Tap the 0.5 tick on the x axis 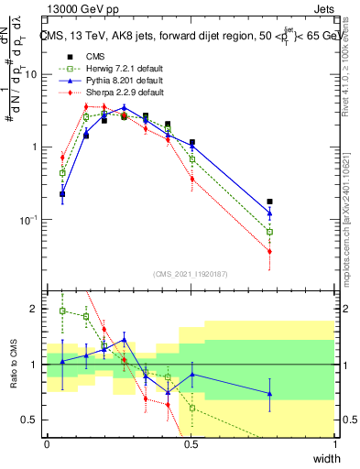[x=191, y=443]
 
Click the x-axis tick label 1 [x=335, y=443]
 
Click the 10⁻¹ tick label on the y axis [x=30, y=220]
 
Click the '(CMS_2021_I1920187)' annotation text [x=191, y=274]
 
